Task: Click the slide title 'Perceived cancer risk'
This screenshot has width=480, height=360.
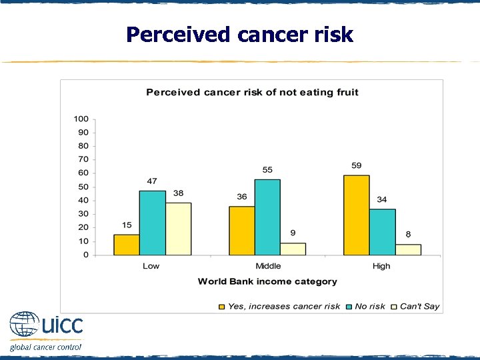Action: pos(239,34)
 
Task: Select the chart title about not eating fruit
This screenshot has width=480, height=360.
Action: pos(252,92)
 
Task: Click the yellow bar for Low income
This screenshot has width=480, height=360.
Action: pos(127,245)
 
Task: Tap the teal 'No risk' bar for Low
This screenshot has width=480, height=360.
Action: pos(152,223)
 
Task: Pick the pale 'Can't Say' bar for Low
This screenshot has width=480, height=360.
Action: pos(178,229)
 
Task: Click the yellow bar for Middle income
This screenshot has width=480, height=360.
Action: pos(241,231)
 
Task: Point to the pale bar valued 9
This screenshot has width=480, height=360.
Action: pos(293,249)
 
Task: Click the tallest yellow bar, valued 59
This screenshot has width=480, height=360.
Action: pos(356,215)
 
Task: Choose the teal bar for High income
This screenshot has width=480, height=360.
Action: pos(382,232)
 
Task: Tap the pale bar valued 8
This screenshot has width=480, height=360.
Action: pos(408,249)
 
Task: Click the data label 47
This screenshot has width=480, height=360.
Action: pos(152,181)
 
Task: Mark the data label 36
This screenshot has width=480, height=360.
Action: pos(241,197)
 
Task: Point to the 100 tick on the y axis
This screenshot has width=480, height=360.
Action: pos(81,119)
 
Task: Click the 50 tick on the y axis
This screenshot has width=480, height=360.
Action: pos(83,187)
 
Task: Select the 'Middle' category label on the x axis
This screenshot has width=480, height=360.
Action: pos(268,266)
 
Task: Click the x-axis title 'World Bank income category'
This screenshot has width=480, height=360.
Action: pos(267,281)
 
